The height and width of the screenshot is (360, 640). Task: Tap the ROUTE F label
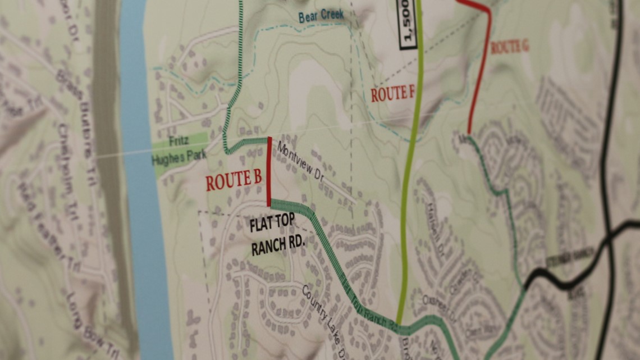392,93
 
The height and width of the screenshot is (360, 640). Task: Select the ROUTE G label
509,47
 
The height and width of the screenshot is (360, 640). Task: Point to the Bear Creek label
321,16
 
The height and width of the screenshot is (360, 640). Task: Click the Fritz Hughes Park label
179,149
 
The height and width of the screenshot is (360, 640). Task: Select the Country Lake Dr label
325,315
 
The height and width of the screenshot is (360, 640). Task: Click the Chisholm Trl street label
66,168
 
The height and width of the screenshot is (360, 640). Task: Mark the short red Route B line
269,171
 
